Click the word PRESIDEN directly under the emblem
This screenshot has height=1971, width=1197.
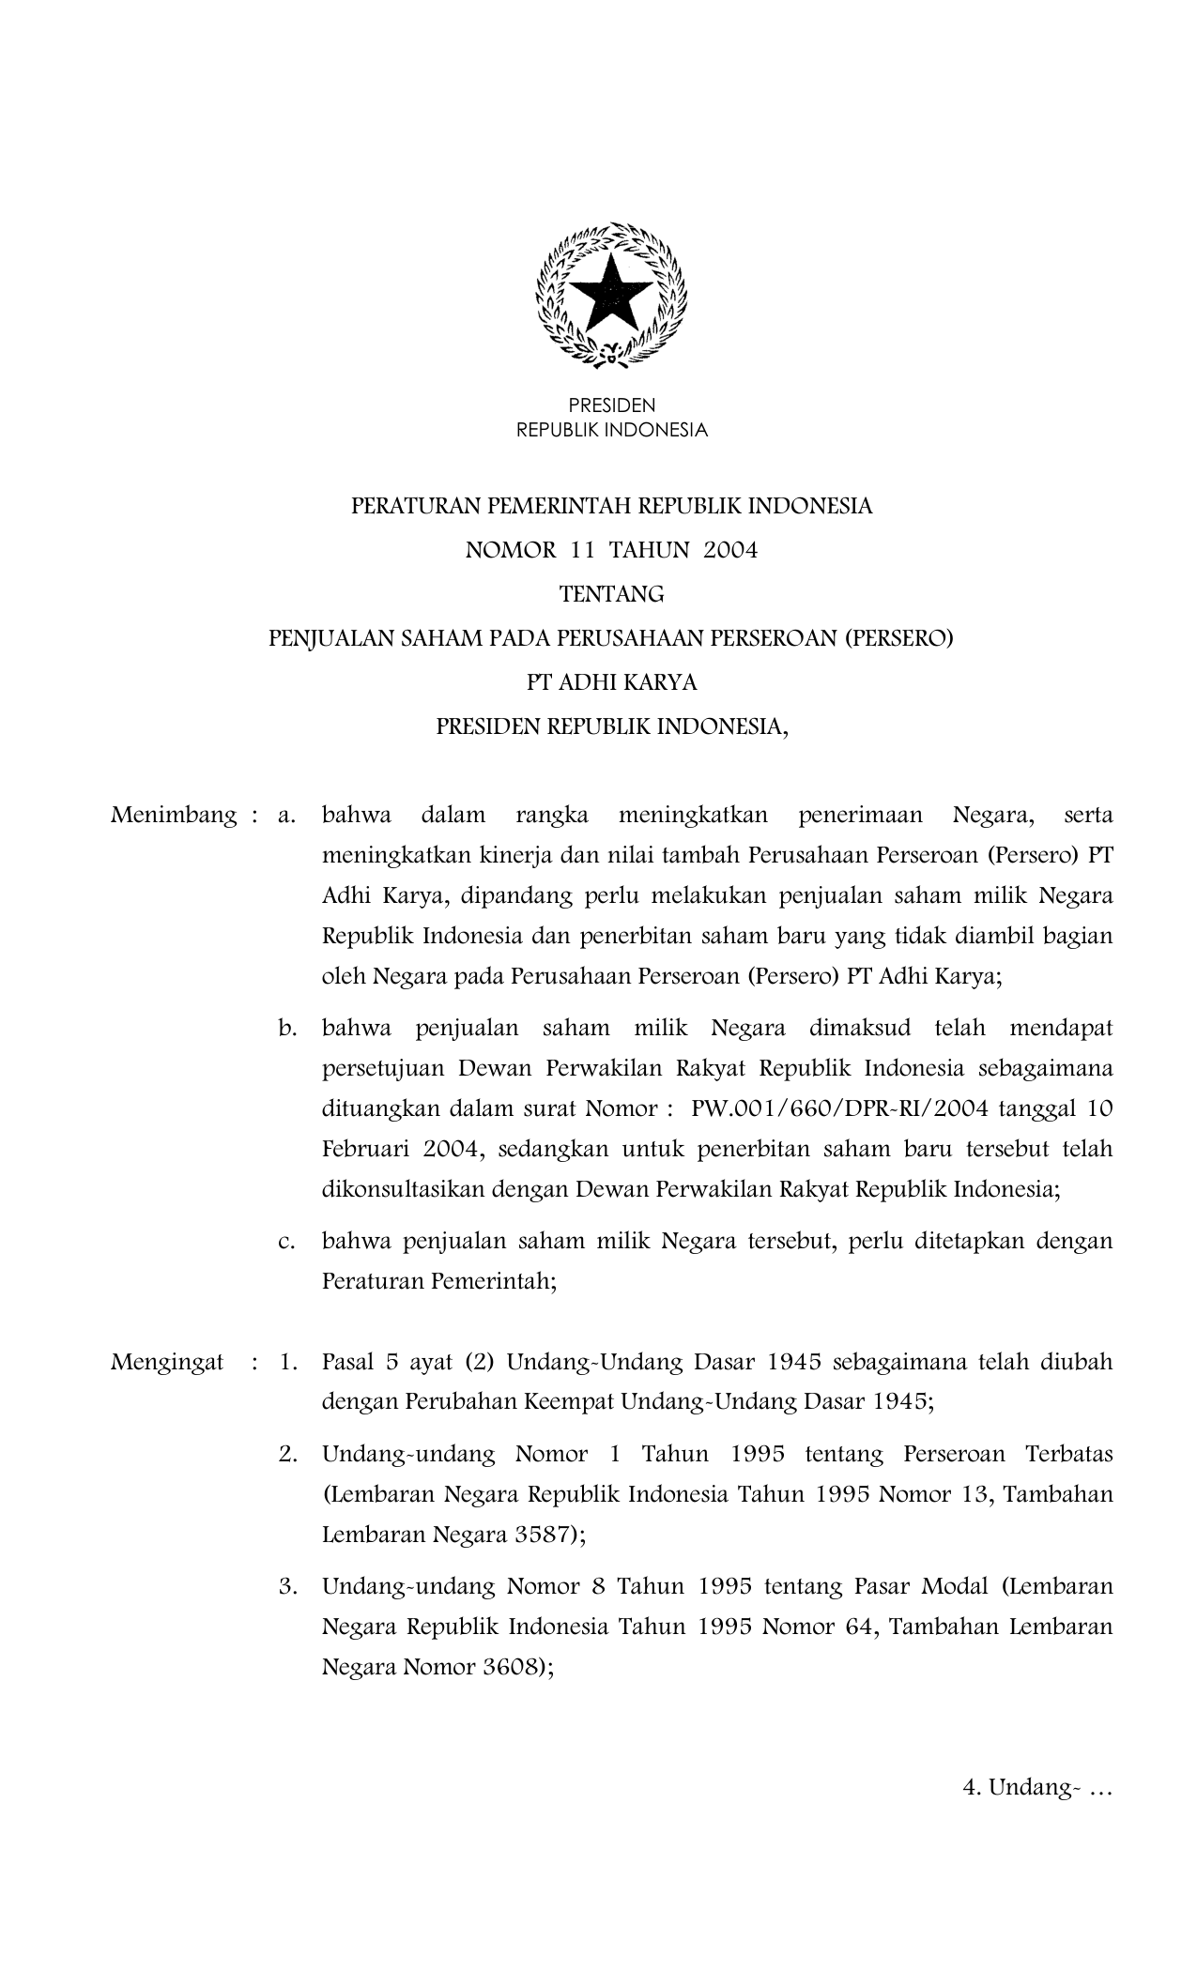(x=612, y=405)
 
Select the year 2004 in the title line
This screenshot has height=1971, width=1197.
(x=730, y=550)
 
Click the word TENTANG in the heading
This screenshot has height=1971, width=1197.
(x=611, y=594)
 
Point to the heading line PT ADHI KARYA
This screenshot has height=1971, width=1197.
(x=611, y=682)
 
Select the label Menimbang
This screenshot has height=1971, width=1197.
(x=174, y=815)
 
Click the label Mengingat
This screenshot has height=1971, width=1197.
(x=167, y=1362)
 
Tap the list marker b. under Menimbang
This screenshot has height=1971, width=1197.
(x=287, y=1028)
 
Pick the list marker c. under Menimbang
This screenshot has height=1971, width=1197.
(x=287, y=1242)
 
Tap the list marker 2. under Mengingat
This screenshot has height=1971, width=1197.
(x=288, y=1455)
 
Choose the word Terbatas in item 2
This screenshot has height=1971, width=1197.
(x=1068, y=1455)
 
